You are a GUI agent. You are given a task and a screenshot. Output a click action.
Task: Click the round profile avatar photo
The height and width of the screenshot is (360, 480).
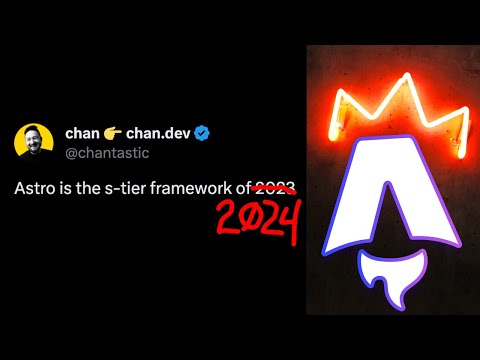[x=33, y=142]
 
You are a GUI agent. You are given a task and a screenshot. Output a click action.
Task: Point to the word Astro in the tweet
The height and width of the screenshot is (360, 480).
[x=35, y=187]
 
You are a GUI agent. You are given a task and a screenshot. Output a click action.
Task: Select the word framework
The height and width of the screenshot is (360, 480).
[x=195, y=187]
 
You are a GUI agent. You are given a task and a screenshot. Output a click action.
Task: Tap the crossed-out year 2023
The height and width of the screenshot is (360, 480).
[x=276, y=187]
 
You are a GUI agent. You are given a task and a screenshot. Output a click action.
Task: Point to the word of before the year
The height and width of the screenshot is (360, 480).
[x=243, y=187]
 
